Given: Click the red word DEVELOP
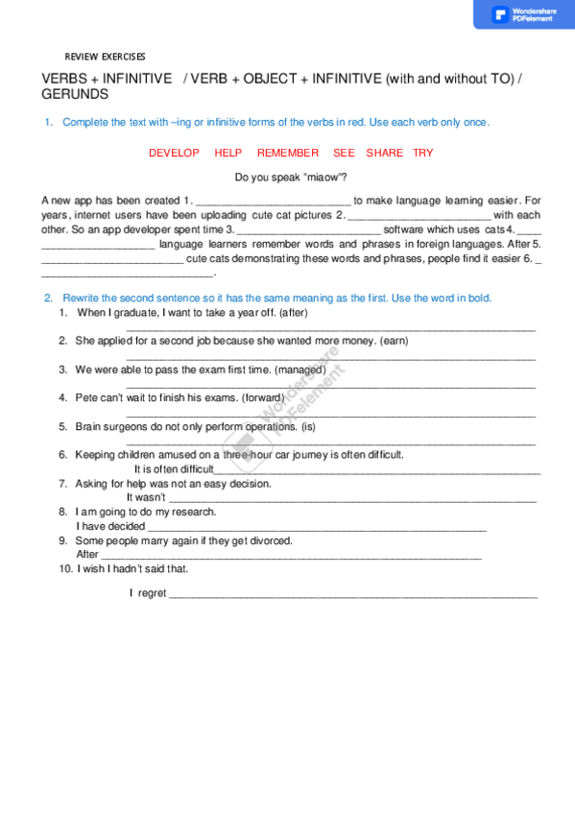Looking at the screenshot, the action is coord(174,154).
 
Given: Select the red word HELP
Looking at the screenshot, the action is coord(228,154).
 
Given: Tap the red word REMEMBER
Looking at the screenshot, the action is coord(288,154).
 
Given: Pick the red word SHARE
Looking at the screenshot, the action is coord(385,154).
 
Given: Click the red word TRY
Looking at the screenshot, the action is coord(423,154).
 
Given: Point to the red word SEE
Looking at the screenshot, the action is coord(344,154).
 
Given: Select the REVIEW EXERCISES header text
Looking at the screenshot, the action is coord(105,57).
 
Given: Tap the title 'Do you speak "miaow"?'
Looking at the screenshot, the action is coord(291,178).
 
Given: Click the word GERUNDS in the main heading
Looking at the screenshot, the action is coord(75,95).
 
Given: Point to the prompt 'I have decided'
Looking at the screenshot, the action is coord(110,526).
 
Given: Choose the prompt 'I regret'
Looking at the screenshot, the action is coord(148,594).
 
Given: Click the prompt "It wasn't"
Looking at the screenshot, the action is coord(146,498).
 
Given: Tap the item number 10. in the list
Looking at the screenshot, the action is coord(66,568).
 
